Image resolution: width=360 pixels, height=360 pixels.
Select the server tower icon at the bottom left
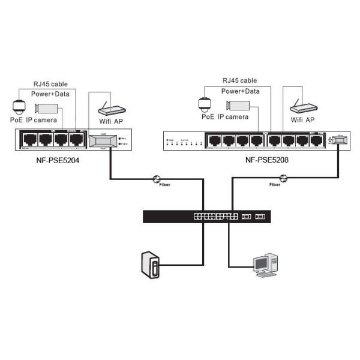(x=151, y=265)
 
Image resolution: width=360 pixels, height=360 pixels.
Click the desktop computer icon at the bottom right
(x=265, y=265)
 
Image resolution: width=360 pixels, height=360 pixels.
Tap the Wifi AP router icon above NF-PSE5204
(x=112, y=110)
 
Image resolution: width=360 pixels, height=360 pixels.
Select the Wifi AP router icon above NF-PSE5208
(x=304, y=108)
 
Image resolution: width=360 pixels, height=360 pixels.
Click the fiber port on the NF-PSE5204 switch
(x=103, y=140)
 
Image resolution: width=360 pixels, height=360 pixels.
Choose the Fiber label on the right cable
(x=274, y=185)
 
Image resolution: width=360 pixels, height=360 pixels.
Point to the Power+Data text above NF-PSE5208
(x=240, y=91)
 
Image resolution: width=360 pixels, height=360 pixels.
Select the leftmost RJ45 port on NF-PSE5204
(x=29, y=140)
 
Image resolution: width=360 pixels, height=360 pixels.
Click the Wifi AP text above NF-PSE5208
(x=302, y=119)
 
